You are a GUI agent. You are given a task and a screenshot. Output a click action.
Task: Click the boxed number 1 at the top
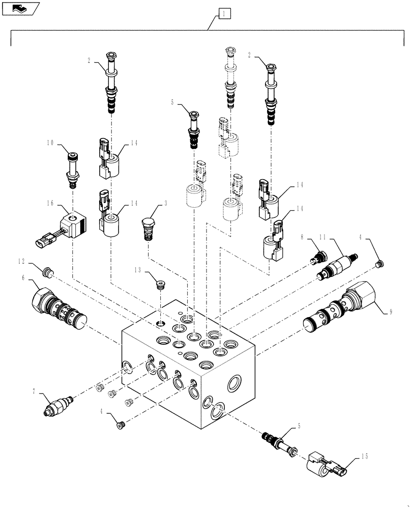[224, 14]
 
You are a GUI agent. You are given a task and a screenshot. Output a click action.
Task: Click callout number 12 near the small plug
[20, 263]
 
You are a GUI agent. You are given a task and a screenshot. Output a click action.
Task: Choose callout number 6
[23, 277]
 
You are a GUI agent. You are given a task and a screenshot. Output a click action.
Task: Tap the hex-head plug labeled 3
[147, 228]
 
